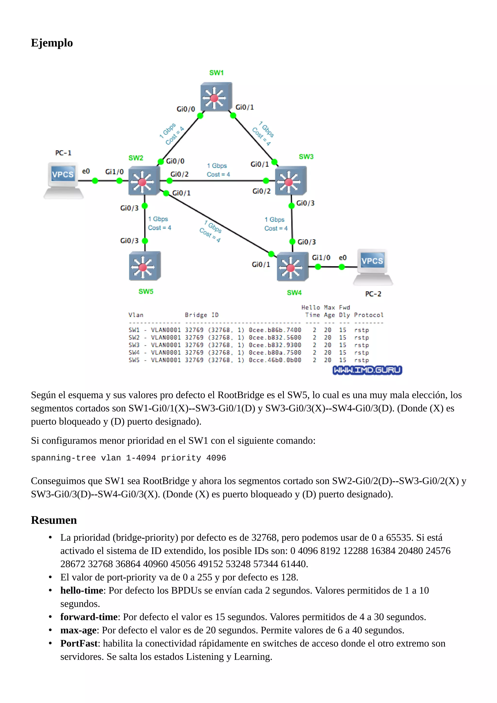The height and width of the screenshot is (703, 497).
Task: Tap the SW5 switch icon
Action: click(145, 266)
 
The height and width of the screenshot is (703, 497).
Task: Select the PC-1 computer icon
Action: click(63, 180)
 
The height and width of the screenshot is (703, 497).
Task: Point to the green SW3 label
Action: click(306, 157)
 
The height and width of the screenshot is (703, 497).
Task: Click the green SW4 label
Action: click(294, 293)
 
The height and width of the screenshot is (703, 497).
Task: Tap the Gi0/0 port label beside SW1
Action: click(185, 109)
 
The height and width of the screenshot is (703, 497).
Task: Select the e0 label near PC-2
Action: click(342, 258)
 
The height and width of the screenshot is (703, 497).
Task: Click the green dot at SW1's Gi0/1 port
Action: click(233, 116)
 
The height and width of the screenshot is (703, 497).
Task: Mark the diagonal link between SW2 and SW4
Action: click(219, 224)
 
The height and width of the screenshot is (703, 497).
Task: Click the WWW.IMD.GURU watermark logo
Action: click(367, 370)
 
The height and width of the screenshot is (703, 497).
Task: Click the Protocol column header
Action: click(368, 315)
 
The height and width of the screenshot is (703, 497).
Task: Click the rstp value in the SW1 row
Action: click(361, 330)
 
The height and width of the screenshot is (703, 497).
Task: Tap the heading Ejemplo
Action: click(52, 43)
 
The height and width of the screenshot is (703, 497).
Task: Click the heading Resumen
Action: click(54, 520)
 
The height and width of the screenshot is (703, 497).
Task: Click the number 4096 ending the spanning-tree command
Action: click(216, 458)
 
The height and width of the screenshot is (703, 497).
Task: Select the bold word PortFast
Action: click(79, 644)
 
